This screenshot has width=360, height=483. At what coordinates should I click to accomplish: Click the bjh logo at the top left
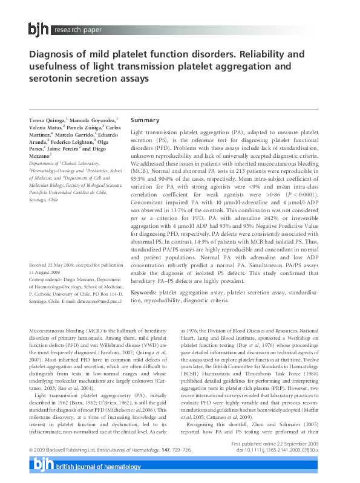[39, 28]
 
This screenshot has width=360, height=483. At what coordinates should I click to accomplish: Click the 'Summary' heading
[145, 120]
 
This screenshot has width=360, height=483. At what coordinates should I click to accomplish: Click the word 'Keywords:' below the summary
[146, 292]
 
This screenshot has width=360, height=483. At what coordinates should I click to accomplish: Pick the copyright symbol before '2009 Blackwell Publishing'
[31, 468]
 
